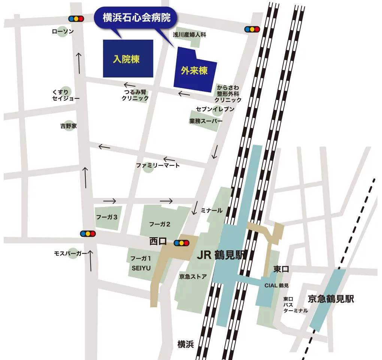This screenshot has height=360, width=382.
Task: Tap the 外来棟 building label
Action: pos(194,70)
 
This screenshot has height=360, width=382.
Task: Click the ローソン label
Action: pos(63,32)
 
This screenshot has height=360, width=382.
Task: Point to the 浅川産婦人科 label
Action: pos(190,35)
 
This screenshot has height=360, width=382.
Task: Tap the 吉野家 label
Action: pos(69,126)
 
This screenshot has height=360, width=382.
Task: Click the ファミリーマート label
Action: pos(158,165)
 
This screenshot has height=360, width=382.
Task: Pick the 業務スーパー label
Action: pos(206,121)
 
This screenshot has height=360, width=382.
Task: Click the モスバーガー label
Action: pos(71,254)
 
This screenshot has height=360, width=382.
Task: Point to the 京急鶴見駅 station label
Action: pos(331,299)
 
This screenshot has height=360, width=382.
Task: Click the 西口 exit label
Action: pos(158,242)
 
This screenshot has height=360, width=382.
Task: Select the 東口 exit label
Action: pos(281,269)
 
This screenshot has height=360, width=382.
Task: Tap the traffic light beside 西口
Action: pos(181,242)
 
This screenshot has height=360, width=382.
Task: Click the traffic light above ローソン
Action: pos(76,18)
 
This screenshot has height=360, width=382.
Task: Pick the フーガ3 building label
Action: pos(107,217)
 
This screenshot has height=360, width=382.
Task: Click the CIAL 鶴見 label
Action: pos(276,286)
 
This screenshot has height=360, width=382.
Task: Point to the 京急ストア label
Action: pos(193,277)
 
